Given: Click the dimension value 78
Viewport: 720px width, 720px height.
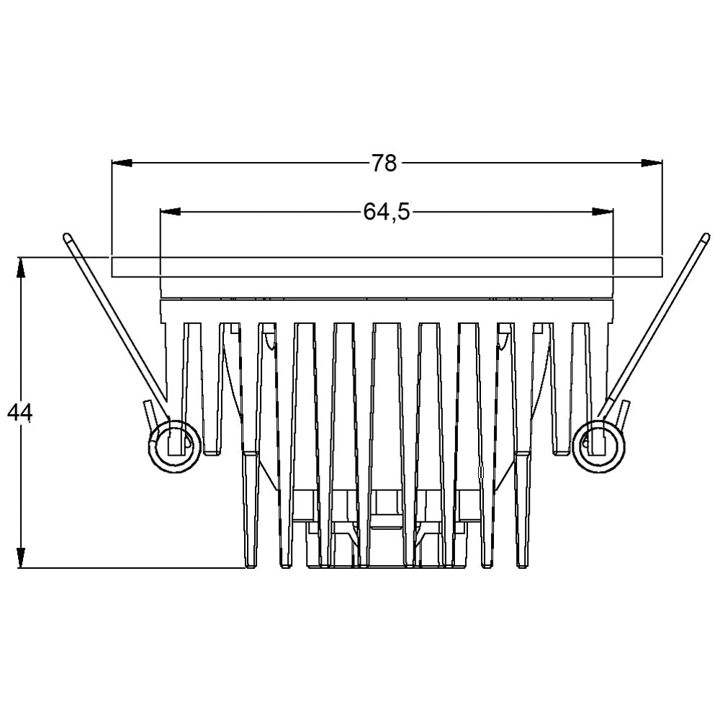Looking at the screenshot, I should coord(384,163).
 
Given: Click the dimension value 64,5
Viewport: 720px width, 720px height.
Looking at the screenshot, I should coord(386,212).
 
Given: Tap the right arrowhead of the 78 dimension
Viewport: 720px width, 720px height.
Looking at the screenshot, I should coord(652,163).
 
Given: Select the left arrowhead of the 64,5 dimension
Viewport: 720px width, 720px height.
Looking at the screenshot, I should coord(170,212).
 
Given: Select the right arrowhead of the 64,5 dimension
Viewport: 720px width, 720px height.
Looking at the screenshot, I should coord(603,212).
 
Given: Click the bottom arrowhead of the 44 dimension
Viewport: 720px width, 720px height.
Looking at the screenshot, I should coord(22,558).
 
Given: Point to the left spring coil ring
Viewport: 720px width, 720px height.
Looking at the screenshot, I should coord(174,444).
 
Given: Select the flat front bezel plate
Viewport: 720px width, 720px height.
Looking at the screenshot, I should coord(386,266).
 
